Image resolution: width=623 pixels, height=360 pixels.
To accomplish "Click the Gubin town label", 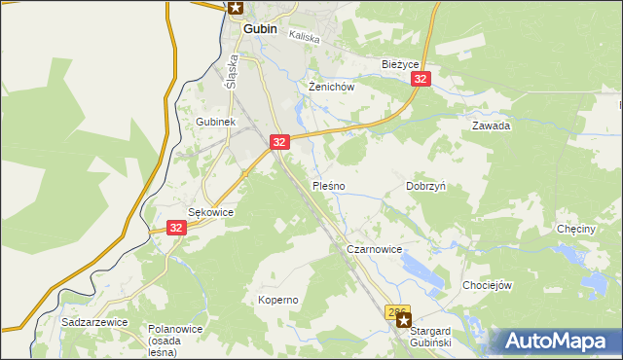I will (x=260, y=29).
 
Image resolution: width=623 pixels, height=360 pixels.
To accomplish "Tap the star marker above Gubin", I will (x=236, y=8).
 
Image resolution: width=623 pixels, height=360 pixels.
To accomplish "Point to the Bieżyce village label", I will (x=399, y=64).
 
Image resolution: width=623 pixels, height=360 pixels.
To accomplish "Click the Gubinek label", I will (x=215, y=122).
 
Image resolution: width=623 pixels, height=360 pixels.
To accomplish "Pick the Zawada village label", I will (x=492, y=126).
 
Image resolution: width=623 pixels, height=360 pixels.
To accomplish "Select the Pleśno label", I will (x=328, y=185).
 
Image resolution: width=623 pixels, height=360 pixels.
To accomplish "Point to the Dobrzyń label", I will (x=425, y=185).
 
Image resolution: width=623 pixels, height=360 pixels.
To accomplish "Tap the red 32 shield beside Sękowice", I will (x=175, y=228).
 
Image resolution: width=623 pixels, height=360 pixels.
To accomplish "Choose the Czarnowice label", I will (x=375, y=249).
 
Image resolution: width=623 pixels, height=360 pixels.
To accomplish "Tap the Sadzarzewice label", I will (x=90, y=320).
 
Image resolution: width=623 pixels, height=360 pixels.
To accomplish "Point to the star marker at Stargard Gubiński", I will (x=403, y=319).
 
